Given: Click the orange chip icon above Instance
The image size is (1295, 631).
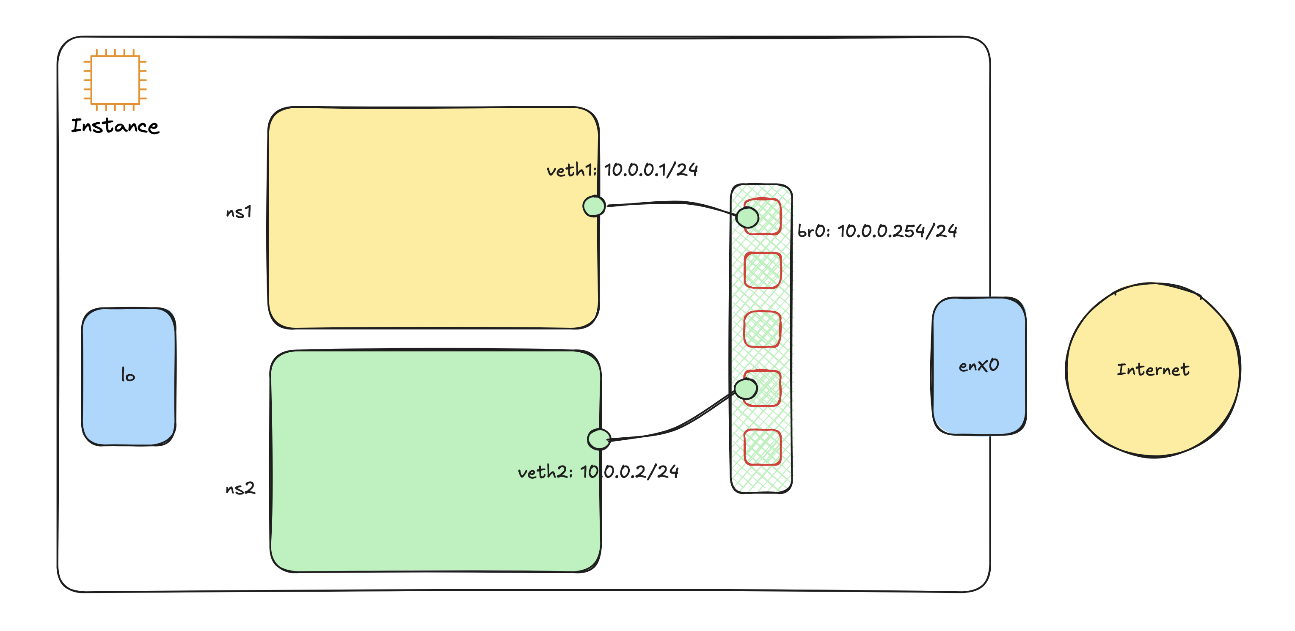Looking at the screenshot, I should coord(115,80).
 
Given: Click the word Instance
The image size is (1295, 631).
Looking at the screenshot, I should coord(115,126).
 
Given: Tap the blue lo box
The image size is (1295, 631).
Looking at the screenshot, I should coord(129,376).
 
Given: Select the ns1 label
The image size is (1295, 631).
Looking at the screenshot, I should coord(239,212).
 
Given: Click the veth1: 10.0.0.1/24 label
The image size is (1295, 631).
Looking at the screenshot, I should coord(622,170).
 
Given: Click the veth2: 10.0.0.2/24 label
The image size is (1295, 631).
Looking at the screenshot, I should coord(598,472).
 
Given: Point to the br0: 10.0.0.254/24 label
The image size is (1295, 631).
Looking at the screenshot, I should coord(877,230).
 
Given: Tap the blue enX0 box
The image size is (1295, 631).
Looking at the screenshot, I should coord(979,366).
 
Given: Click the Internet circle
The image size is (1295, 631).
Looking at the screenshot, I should coord(1153,370).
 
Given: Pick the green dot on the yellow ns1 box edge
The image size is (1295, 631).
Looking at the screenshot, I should coord(594,206).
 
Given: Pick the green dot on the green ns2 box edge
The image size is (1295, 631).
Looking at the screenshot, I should coord(599,439).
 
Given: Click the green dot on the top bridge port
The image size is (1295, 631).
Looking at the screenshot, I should coord(747,217).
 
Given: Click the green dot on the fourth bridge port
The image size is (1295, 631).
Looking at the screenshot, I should coord(746,389).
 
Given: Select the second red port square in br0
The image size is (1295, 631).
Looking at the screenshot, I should coord(763,270).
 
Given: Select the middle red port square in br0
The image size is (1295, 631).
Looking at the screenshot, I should coord(763,329).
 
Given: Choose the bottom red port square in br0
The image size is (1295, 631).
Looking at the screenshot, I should coord(763,447).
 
